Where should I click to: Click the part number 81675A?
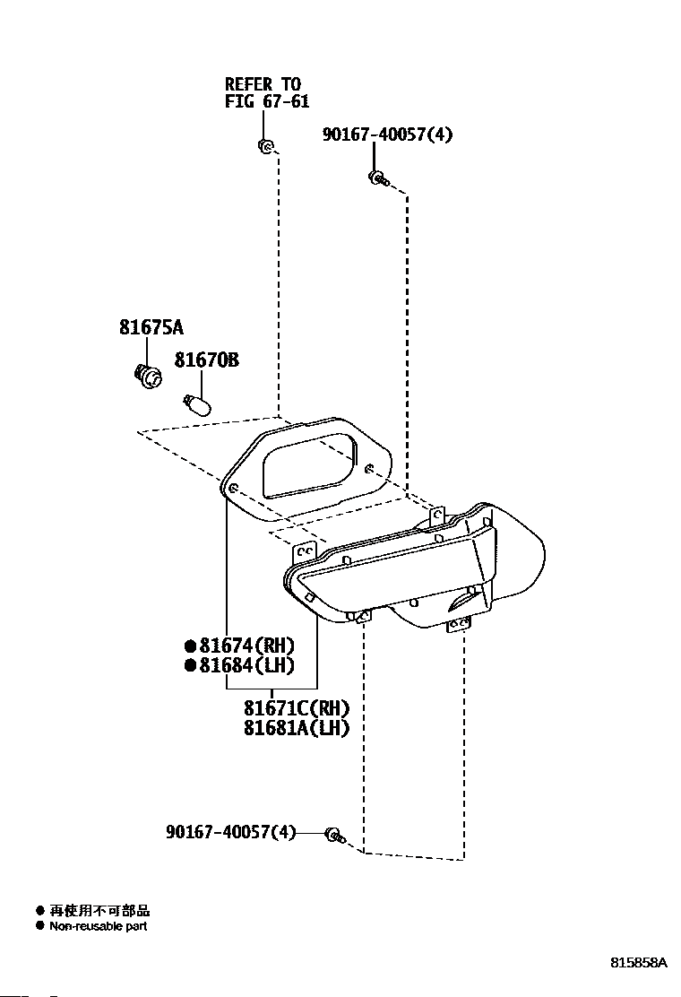click(x=151, y=327)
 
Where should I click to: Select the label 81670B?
click(x=207, y=360)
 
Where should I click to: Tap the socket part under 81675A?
click(x=147, y=377)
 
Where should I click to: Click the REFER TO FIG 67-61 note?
click(x=267, y=93)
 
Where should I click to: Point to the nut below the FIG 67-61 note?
click(x=265, y=145)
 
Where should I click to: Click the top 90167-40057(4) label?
click(x=387, y=134)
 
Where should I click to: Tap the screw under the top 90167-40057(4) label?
click(x=378, y=178)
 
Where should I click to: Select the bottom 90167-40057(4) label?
click(x=231, y=832)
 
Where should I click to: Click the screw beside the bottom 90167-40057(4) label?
click(x=335, y=835)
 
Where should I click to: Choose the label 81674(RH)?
click(x=247, y=646)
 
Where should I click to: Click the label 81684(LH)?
click(x=247, y=665)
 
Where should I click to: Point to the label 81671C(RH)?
click(x=297, y=707)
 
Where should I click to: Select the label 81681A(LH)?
click(x=297, y=727)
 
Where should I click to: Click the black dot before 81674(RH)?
click(x=190, y=646)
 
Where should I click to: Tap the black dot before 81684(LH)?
click(x=190, y=666)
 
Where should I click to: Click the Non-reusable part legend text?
click(x=99, y=926)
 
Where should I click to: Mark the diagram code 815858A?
click(x=639, y=962)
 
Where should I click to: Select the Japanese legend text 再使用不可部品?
click(x=99, y=911)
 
